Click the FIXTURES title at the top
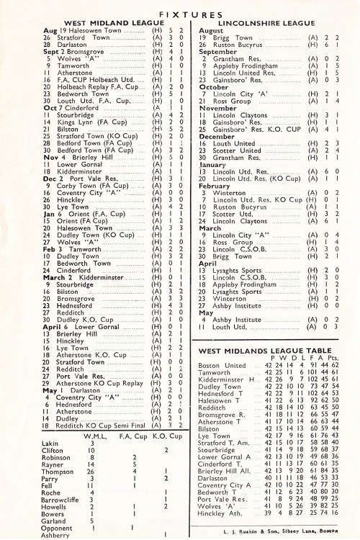point(179,13)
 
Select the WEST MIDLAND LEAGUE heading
point(96,23)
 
